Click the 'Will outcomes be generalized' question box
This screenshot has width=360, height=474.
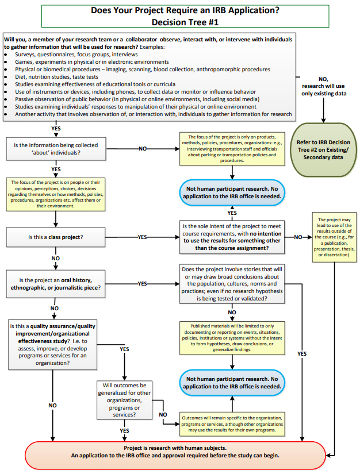click(x=124, y=399)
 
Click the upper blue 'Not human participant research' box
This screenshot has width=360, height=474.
click(x=232, y=191)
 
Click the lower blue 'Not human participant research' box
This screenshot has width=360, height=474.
click(x=232, y=383)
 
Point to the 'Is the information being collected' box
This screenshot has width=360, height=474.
click(x=55, y=149)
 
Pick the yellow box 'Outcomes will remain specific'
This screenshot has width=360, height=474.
click(x=232, y=423)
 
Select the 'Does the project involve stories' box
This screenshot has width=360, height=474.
click(x=232, y=284)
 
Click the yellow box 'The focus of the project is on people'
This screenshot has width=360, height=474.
click(x=55, y=194)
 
